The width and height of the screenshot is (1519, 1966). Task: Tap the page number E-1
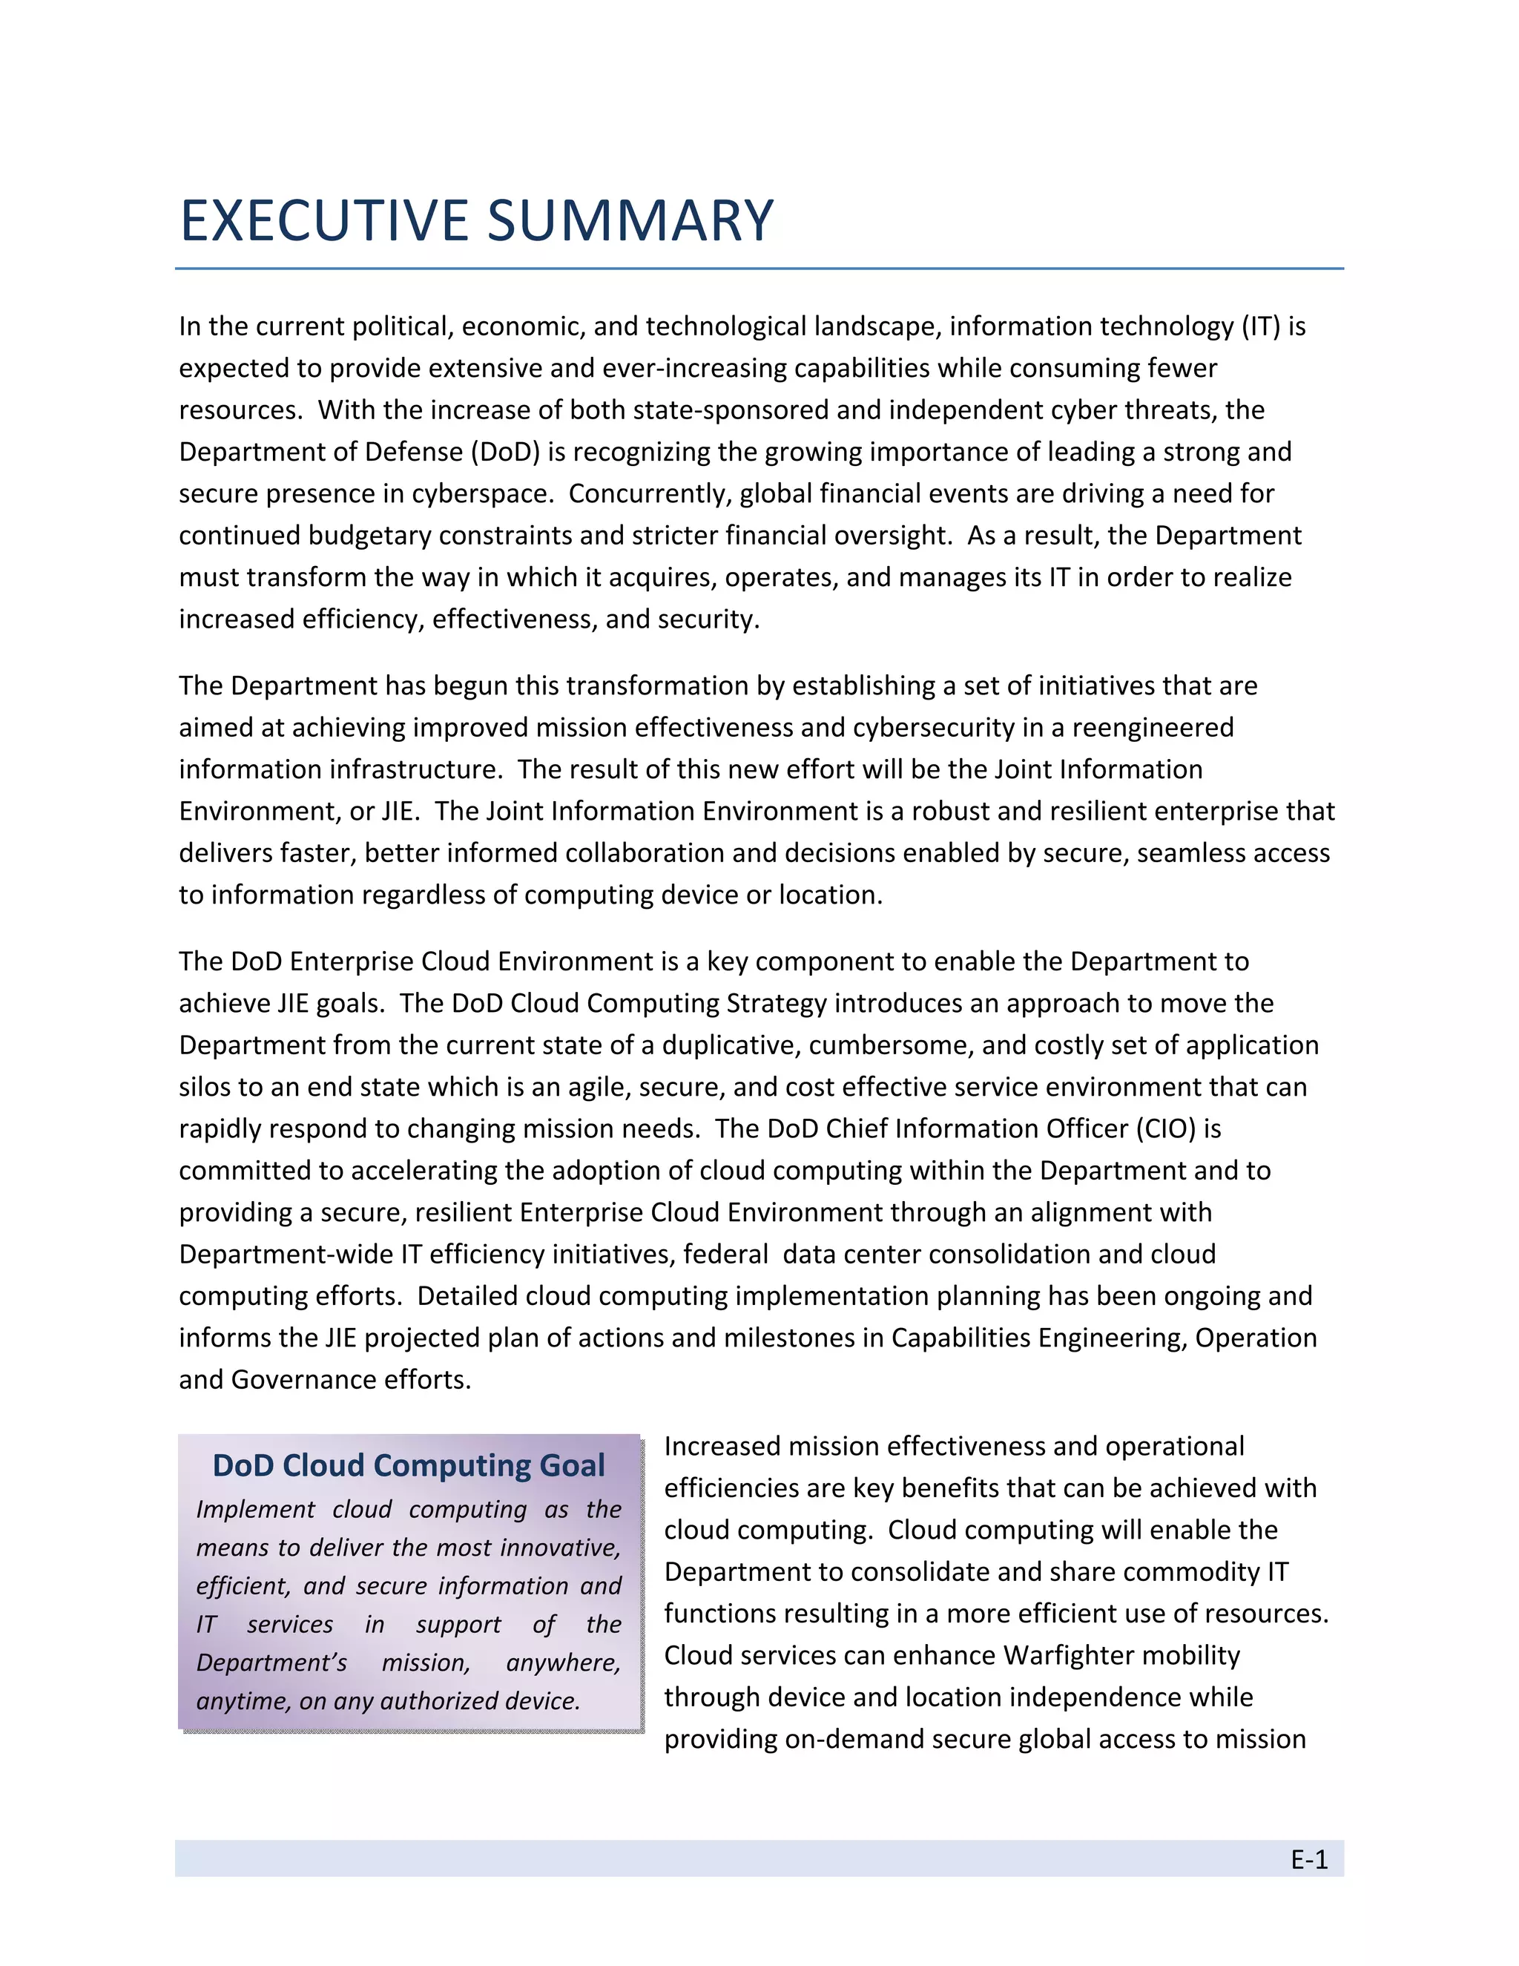click(x=1308, y=1859)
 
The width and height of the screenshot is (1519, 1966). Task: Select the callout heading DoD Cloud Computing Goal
click(x=409, y=1464)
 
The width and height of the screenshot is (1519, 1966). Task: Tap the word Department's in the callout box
click(x=271, y=1663)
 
